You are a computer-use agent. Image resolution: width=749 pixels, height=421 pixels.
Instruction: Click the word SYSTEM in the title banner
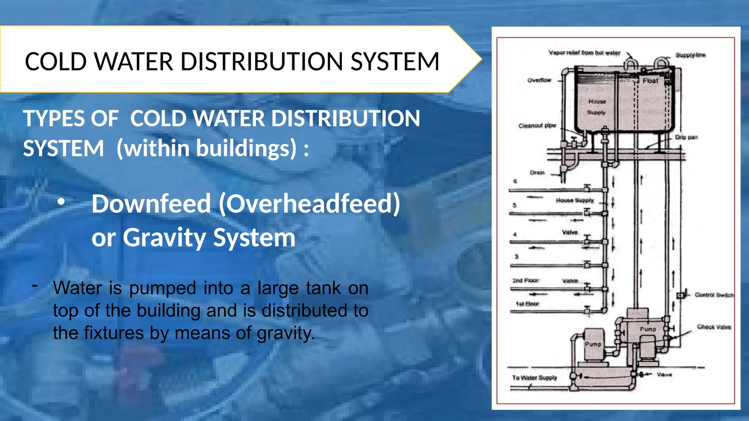[395, 61]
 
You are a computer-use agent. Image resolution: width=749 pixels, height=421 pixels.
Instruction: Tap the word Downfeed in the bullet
[151, 204]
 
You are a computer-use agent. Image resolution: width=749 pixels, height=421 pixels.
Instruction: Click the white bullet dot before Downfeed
[61, 201]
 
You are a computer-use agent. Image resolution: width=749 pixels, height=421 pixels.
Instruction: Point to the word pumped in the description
[163, 288]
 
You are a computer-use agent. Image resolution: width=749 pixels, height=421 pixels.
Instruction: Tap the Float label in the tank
[650, 81]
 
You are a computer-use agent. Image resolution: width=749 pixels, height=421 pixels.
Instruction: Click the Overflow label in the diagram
[539, 80]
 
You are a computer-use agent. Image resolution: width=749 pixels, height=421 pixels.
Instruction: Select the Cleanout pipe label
[537, 126]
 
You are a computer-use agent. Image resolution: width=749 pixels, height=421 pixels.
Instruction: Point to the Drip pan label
[686, 137]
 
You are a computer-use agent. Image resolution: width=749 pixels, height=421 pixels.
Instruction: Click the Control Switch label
[714, 295]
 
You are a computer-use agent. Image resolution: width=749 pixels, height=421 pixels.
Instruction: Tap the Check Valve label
[714, 327]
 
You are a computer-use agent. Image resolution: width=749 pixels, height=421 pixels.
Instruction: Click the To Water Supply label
[534, 378]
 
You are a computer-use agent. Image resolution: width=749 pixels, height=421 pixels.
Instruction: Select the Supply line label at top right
[690, 55]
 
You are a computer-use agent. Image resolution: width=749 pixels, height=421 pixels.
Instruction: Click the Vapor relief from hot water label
[584, 53]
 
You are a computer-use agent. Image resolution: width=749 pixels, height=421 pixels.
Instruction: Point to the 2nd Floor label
[525, 280]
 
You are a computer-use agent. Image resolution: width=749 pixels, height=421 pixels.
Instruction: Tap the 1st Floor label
[527, 304]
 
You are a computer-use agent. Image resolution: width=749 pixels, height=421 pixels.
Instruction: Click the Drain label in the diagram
[537, 172]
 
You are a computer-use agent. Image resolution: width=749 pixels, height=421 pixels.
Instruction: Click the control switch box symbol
[680, 295]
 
